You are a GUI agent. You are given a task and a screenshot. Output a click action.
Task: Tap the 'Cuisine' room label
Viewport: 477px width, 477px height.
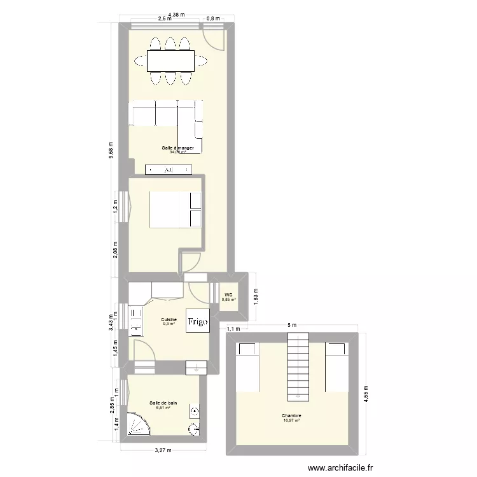click(x=169, y=319)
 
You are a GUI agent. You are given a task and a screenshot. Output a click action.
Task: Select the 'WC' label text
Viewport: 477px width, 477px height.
click(x=228, y=294)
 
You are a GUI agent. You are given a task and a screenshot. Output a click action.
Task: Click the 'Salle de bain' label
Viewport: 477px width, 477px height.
click(x=163, y=403)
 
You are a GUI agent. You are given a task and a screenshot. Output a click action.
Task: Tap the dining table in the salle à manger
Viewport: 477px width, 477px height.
click(x=170, y=61)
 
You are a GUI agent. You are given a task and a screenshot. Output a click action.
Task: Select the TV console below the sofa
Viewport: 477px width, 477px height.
click(x=169, y=169)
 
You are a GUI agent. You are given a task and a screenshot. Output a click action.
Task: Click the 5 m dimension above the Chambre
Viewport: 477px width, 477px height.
click(x=292, y=325)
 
